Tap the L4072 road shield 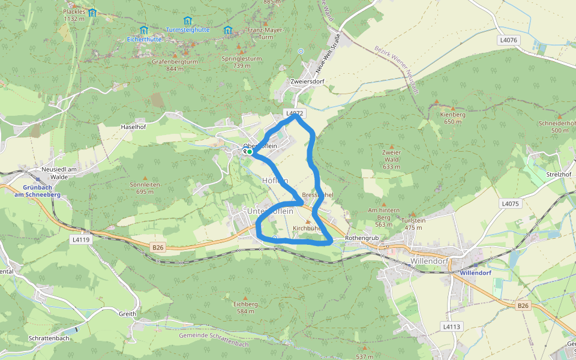pyautogui.click(x=296, y=113)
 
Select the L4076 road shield pyautogui.click(x=508, y=40)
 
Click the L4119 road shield pyautogui.click(x=80, y=239)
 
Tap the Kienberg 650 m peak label pyautogui.click(x=452, y=118)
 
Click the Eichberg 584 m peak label pyautogui.click(x=245, y=307)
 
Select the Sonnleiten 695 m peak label pyautogui.click(x=145, y=188)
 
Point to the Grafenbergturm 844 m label pyautogui.click(x=175, y=65)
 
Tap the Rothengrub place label pyautogui.click(x=362, y=238)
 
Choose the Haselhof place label pyautogui.click(x=134, y=127)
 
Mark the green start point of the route pyautogui.click(x=250, y=152)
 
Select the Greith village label pyautogui.click(x=127, y=314)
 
